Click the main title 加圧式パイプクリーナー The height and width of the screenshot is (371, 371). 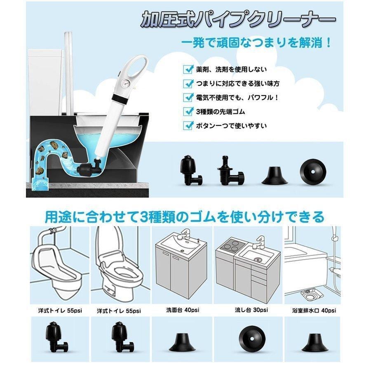tap(238, 20)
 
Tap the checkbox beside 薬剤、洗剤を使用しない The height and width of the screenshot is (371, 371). tap(188, 69)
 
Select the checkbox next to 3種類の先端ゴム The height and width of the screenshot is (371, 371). tap(188, 111)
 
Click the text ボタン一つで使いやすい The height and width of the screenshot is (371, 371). tap(231, 126)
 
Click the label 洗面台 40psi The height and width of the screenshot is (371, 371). tap(183, 310)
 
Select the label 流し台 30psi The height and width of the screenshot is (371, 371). tap(251, 310)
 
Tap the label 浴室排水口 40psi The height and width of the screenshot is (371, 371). tap(314, 310)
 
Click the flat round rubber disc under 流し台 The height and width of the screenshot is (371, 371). tap(252, 339)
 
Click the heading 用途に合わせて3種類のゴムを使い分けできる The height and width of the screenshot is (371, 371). tap(184, 216)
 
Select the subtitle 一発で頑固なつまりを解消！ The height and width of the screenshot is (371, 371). tap(256, 43)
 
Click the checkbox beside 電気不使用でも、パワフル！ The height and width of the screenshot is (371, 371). tap(188, 97)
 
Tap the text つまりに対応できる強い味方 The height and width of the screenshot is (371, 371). tap(238, 84)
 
